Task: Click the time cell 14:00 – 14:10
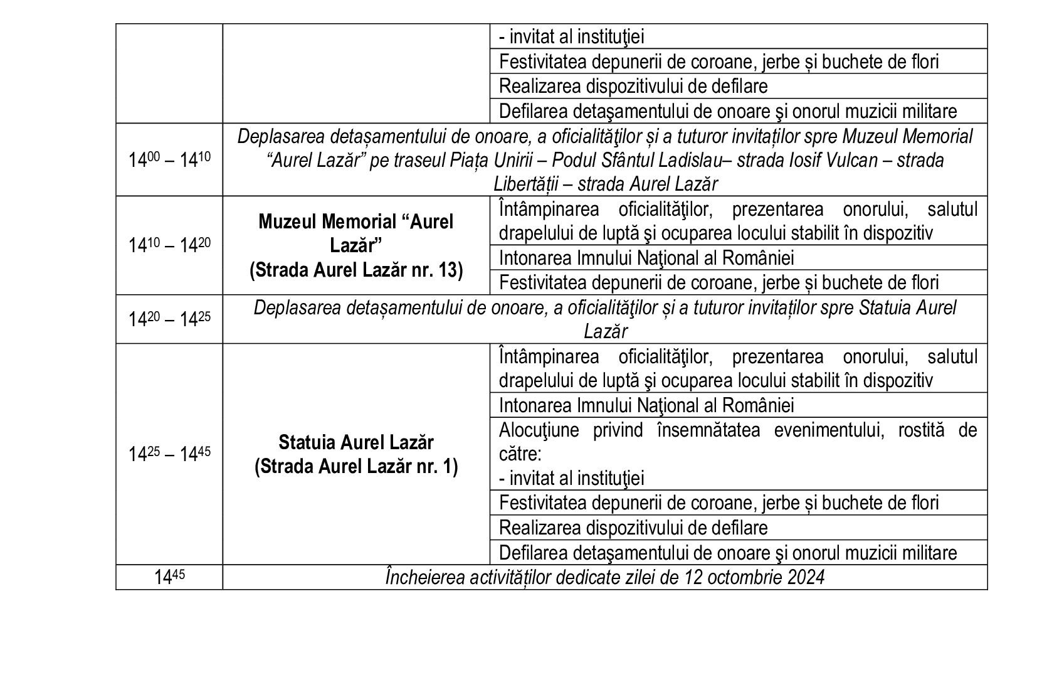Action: click(x=169, y=160)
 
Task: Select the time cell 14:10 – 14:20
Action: click(x=169, y=245)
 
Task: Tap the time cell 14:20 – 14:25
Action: click(x=169, y=319)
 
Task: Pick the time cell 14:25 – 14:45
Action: click(x=169, y=454)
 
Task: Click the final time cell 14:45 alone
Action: click(x=169, y=577)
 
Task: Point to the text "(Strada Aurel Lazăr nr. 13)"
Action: click(x=355, y=270)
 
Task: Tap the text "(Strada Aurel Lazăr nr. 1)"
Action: click(x=355, y=467)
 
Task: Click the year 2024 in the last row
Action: click(x=805, y=577)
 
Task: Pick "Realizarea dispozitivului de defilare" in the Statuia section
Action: click(x=633, y=528)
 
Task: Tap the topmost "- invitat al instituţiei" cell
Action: click(x=571, y=37)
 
